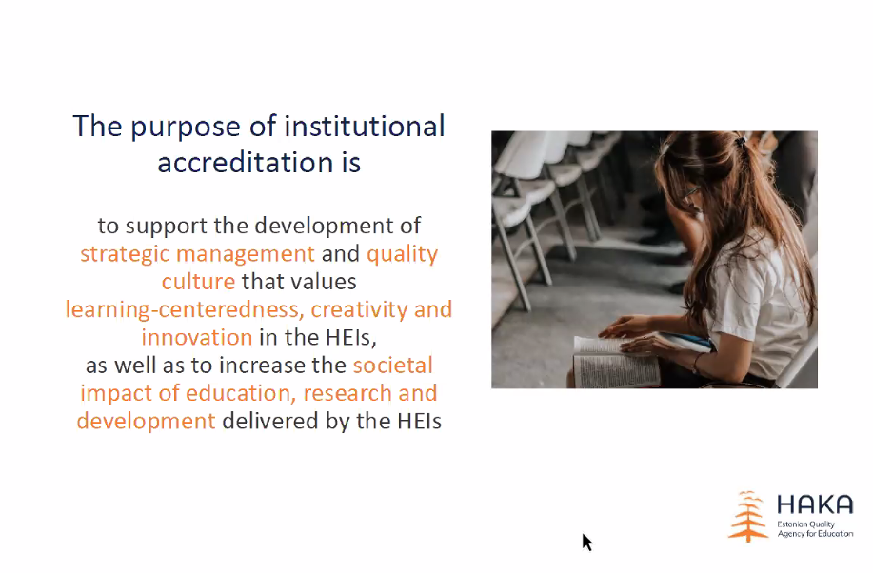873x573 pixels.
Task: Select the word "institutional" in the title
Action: point(365,126)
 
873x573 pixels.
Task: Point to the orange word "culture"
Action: point(199,281)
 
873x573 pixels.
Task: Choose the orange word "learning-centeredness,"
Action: point(185,310)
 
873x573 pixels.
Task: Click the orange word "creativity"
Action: point(359,310)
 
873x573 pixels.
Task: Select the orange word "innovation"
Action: point(197,338)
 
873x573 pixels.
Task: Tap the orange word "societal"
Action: point(393,366)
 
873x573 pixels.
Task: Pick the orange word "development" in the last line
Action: point(146,422)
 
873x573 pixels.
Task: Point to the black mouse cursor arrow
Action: point(586,542)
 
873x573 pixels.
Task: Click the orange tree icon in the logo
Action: point(748,516)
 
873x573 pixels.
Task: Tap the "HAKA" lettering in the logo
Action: point(815,504)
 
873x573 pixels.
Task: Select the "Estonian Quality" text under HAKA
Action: point(805,524)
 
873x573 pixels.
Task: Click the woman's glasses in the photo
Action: point(690,192)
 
